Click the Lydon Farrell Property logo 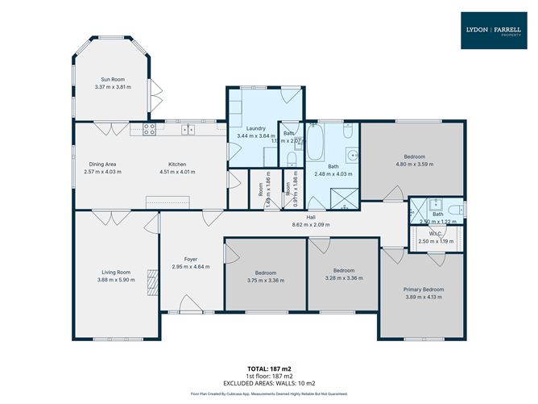point(494,30)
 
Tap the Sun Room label point(112,79)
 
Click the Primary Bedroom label point(423,289)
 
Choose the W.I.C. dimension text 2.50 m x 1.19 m point(436,241)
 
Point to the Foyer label point(191,259)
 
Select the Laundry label point(256,128)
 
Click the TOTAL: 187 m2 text point(268,369)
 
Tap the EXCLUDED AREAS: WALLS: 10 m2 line point(268,382)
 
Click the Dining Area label point(101,163)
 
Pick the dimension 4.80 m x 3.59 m point(414,164)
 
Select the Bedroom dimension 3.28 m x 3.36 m point(344,278)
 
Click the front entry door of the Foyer point(191,305)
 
